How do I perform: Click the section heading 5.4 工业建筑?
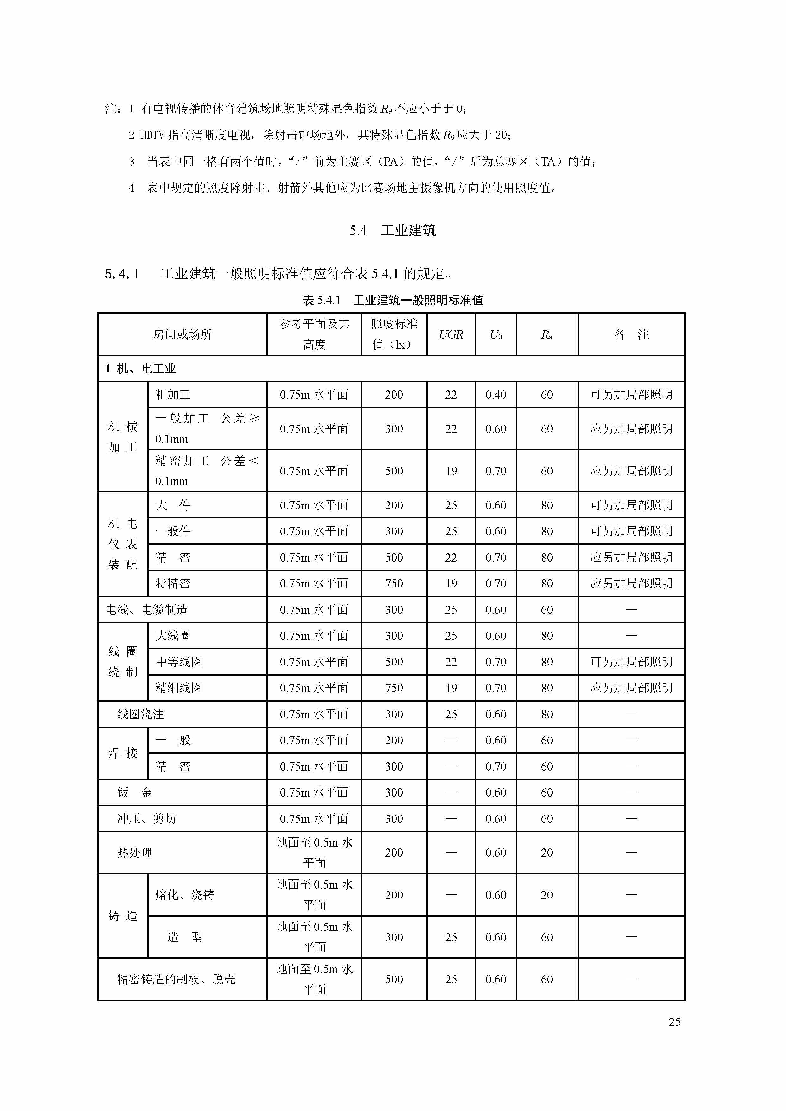(393, 230)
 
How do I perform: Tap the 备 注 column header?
(631, 334)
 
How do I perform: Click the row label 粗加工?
(173, 395)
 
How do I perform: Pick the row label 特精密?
(173, 584)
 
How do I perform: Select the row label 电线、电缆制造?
(147, 610)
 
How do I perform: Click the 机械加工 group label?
(123, 437)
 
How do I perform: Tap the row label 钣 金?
(135, 793)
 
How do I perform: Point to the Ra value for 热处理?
(546, 853)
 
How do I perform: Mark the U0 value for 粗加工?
(495, 395)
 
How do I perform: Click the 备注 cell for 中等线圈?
(631, 662)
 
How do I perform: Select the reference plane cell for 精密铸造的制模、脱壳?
(314, 979)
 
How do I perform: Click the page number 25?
(674, 1022)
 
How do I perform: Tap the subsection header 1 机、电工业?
(140, 369)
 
